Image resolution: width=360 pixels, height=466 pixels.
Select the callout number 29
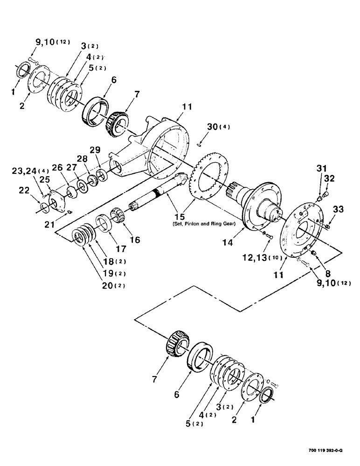[95, 150]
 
